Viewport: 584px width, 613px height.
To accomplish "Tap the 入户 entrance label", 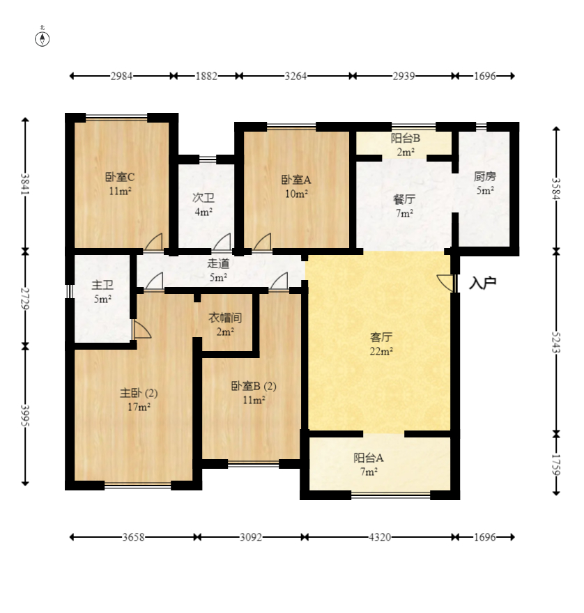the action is [483, 283].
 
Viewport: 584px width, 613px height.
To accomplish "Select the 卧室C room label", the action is [120, 177].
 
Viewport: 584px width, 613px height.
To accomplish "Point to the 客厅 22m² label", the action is [381, 344].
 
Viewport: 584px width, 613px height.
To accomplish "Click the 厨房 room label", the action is [485, 177].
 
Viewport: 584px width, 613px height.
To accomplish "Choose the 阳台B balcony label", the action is [406, 138].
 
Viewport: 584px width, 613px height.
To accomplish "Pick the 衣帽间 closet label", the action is [225, 318].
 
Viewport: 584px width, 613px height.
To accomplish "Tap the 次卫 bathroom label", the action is [203, 198].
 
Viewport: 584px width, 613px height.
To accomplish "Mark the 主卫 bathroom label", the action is [102, 285].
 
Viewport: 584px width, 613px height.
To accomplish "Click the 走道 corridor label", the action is [218, 263].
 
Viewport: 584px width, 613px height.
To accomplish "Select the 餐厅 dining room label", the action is [404, 199].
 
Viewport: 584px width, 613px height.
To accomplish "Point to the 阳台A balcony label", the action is [369, 458].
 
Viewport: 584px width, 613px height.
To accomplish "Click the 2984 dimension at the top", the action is [122, 76].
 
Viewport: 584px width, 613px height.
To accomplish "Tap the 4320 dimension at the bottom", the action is [380, 537].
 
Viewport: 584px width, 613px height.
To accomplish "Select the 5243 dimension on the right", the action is [556, 343].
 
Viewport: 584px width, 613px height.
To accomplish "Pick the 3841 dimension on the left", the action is [25, 184].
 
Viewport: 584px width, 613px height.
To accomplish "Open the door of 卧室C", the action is [153, 242].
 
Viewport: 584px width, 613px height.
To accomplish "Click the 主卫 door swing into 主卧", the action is [142, 329].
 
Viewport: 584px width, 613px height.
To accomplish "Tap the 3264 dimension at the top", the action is [295, 76].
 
